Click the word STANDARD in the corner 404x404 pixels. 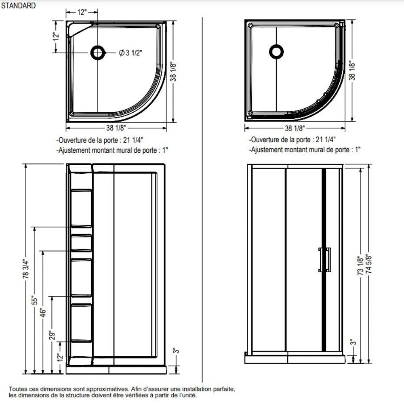[19, 6]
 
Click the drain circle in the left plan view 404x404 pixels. [97, 53]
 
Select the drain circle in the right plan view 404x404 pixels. [276, 51]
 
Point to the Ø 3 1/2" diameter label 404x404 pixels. [131, 53]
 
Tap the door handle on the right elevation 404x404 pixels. [324, 259]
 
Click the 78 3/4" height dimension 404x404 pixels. [26, 269]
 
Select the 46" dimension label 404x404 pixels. [44, 312]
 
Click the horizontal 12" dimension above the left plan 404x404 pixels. [82, 12]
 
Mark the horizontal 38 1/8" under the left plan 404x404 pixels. [116, 128]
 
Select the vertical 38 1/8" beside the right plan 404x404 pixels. [352, 70]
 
